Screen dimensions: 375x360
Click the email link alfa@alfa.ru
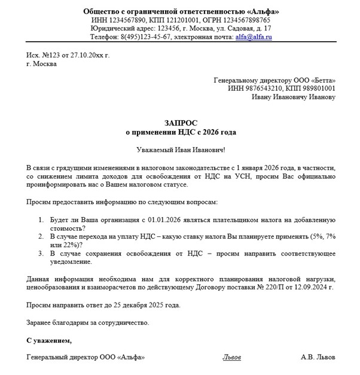click(255, 36)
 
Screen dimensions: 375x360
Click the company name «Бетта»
click(322, 80)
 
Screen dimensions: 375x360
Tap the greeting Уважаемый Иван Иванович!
click(180, 151)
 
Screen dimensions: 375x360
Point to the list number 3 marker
click(41, 254)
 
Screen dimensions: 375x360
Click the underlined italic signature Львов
click(231, 357)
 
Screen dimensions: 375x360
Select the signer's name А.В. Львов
click(318, 357)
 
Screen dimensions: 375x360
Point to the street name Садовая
click(233, 28)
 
